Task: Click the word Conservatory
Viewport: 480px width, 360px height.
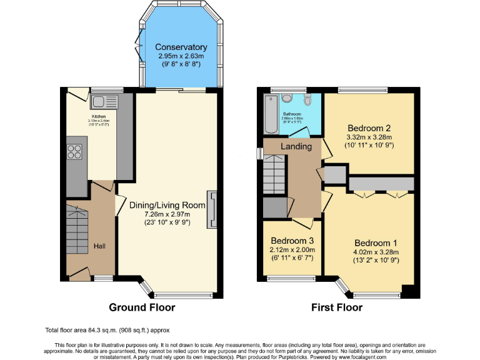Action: point(181,47)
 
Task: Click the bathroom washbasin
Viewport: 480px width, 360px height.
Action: point(286,98)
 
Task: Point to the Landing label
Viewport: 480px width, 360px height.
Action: point(296,146)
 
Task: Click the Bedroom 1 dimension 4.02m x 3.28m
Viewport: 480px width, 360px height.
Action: point(376,252)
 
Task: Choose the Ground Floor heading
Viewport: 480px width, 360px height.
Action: point(142,307)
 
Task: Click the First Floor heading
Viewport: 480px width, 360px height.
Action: point(337,307)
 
